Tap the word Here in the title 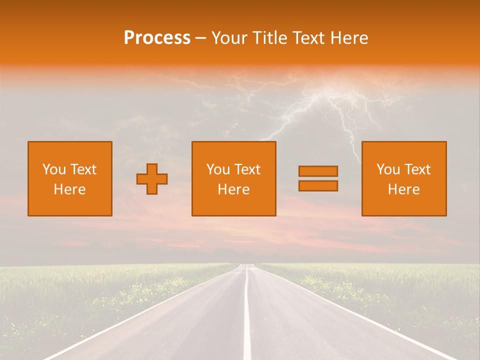click(x=349, y=38)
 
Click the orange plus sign click(x=152, y=179)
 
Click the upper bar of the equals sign click(x=318, y=171)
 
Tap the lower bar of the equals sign click(x=318, y=185)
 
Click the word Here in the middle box click(x=233, y=189)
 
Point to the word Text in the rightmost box click(x=417, y=169)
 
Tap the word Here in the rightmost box click(x=404, y=189)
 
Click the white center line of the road click(x=247, y=320)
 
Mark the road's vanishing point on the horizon click(x=246, y=264)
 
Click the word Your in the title click(x=229, y=38)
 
